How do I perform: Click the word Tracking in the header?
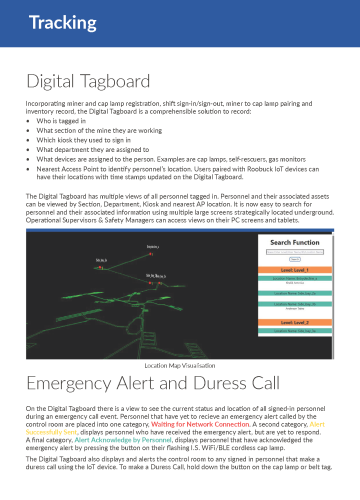point(48,22)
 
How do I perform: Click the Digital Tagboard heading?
point(87,80)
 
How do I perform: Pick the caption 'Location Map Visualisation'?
point(180,366)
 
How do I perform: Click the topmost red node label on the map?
point(152,246)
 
